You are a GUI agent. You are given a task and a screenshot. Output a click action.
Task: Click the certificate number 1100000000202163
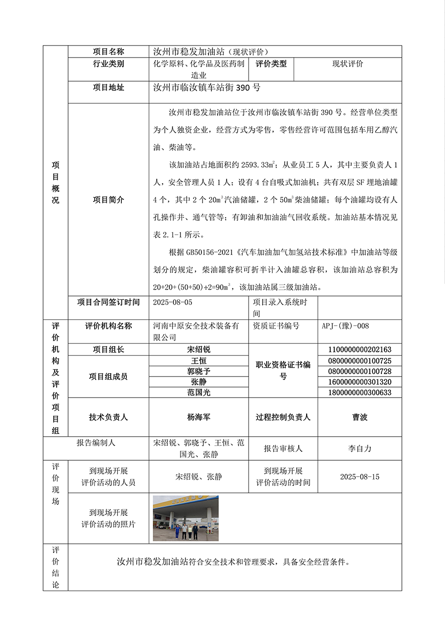tap(359, 350)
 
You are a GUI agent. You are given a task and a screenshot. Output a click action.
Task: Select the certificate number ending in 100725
tap(359, 361)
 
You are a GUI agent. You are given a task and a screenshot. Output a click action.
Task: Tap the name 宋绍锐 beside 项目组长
tap(198, 350)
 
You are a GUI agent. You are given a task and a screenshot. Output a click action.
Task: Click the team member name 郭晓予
tap(198, 371)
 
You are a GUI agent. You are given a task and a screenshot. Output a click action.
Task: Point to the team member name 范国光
tap(198, 393)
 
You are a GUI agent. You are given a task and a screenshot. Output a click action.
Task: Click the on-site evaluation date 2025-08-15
tap(359, 477)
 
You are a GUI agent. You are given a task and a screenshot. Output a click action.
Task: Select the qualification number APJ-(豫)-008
tap(345, 326)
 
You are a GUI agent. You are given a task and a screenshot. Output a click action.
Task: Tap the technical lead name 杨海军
tap(198, 417)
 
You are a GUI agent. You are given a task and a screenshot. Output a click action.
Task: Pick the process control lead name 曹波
tap(359, 417)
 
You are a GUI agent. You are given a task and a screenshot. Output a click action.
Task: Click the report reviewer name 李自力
tap(359, 449)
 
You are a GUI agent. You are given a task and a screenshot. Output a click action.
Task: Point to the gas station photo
tap(185, 518)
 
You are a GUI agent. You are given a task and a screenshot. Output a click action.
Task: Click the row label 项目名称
tap(108, 52)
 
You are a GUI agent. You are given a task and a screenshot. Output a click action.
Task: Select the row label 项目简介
tap(108, 200)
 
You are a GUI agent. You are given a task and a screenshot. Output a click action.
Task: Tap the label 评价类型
tap(271, 64)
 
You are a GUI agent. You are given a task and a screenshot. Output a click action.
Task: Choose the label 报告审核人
tap(283, 449)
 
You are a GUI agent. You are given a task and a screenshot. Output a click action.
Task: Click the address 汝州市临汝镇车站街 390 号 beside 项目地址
tap(206, 88)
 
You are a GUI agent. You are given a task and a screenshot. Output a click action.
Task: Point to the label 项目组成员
tap(108, 377)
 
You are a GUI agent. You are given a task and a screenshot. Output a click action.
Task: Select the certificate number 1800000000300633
tap(359, 393)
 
